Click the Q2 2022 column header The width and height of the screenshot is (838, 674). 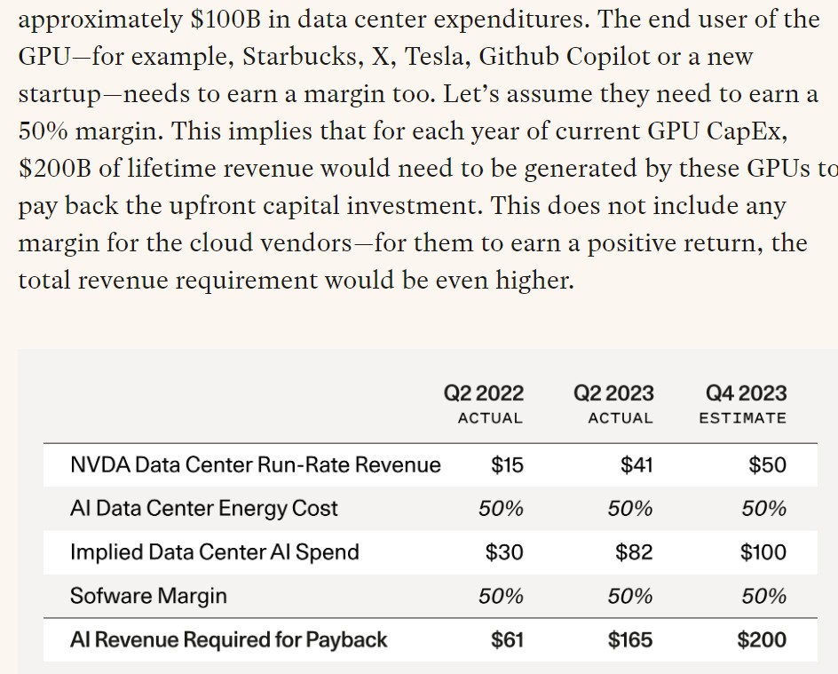point(484,393)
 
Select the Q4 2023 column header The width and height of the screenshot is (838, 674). point(746,393)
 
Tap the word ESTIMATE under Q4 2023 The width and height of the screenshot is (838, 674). point(742,418)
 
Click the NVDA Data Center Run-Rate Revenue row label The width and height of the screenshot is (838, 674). point(255,464)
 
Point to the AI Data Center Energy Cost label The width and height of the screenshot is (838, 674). point(203,508)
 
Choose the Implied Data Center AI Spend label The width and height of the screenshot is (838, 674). point(214,551)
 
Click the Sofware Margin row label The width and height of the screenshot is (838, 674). point(148,595)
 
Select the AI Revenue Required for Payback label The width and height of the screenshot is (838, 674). point(228,639)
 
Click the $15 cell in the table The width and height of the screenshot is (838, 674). point(507,464)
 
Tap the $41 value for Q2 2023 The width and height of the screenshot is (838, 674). point(636,464)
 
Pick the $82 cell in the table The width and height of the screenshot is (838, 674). point(634,551)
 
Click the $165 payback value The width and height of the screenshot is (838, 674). point(630,639)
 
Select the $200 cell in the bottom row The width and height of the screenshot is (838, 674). point(762,639)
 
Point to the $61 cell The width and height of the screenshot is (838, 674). point(507,639)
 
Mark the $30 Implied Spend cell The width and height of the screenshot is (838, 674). point(504,551)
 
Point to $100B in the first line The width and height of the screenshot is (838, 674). point(227,20)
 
